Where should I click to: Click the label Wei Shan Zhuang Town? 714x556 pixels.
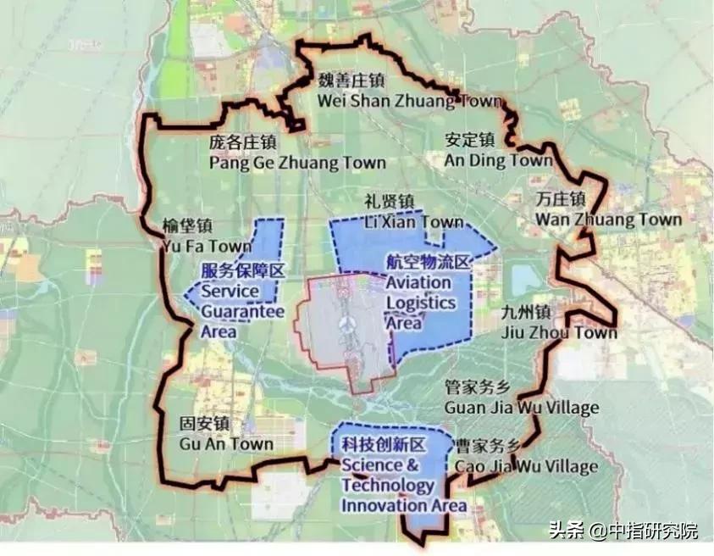pyautogui.click(x=409, y=99)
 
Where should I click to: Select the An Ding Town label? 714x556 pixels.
pyautogui.click(x=498, y=159)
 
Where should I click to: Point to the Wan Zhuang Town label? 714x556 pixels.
pyautogui.click(x=607, y=219)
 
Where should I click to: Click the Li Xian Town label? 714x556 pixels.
pyautogui.click(x=413, y=222)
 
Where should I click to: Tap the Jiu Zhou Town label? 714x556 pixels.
pyautogui.click(x=557, y=332)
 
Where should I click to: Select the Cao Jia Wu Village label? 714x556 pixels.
pyautogui.click(x=526, y=466)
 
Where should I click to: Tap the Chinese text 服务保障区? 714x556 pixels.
pyautogui.click(x=244, y=271)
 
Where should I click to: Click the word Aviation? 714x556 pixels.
pyautogui.click(x=418, y=283)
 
